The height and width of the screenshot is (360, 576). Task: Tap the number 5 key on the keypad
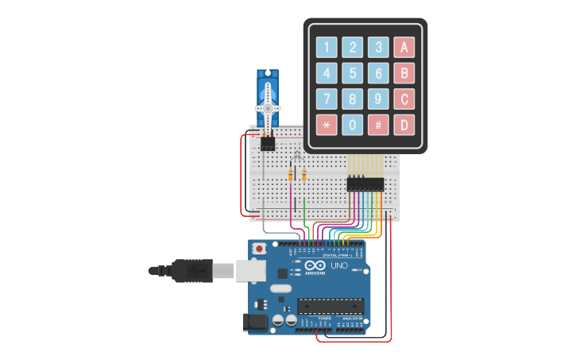coord(353,73)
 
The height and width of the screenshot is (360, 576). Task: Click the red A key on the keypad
coord(404,47)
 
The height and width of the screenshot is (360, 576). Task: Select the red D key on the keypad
coord(404,125)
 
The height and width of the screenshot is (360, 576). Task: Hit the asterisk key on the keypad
coord(327,125)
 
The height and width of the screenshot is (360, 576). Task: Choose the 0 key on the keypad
coord(353,125)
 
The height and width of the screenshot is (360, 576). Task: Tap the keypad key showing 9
coord(379,99)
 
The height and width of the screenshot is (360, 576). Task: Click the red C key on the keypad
coord(404,99)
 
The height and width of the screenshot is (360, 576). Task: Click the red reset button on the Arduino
coord(258,250)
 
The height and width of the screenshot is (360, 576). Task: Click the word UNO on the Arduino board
coord(338,265)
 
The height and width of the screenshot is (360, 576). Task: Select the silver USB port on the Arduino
coord(252,271)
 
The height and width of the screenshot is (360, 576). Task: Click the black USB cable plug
coord(190,271)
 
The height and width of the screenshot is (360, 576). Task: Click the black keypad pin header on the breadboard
coord(365,184)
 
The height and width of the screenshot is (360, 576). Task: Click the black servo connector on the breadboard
coord(268,144)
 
